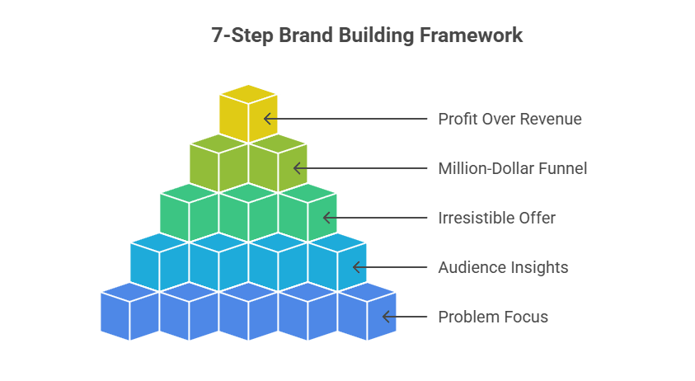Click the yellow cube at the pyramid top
pyautogui.click(x=248, y=114)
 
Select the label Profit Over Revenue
pyautogui.click(x=510, y=119)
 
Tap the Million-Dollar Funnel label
pyautogui.click(x=512, y=168)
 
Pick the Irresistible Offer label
pyautogui.click(x=496, y=218)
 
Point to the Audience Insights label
pyautogui.click(x=503, y=267)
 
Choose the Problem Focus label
pyautogui.click(x=493, y=317)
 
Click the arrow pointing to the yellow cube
pyautogui.click(x=346, y=119)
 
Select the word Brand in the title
pyautogui.click(x=305, y=36)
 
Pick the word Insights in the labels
pyautogui.click(x=539, y=267)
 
